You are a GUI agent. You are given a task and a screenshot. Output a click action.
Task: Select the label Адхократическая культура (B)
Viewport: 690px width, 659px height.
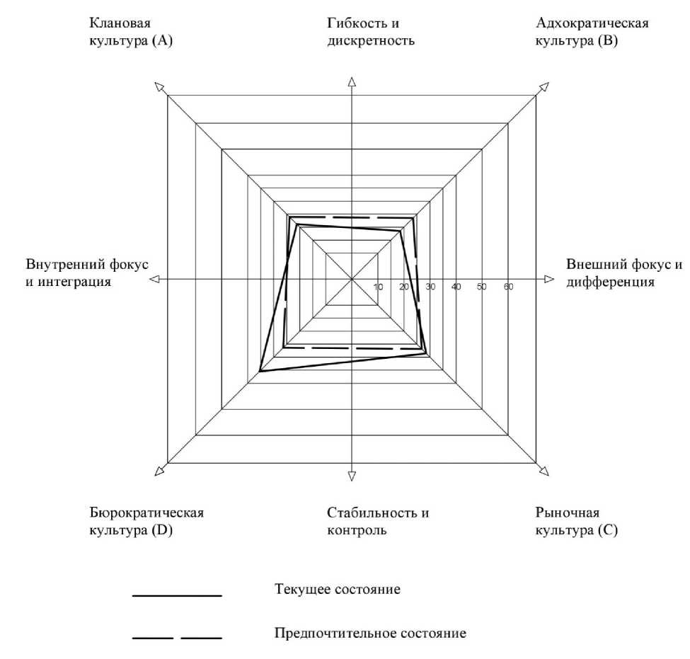(x=593, y=32)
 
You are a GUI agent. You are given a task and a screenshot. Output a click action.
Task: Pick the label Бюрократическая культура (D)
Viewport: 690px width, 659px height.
(x=151, y=520)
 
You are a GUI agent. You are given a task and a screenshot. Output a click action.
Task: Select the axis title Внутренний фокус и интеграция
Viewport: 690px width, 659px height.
(x=87, y=273)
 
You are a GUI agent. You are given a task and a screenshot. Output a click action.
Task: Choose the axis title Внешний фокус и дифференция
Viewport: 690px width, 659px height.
(x=624, y=273)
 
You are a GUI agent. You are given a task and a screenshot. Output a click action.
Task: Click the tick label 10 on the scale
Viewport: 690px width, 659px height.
(x=378, y=287)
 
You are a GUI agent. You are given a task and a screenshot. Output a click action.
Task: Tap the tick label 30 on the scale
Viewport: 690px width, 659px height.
(x=430, y=287)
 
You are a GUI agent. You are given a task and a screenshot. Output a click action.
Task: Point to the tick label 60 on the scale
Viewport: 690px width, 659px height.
(x=508, y=287)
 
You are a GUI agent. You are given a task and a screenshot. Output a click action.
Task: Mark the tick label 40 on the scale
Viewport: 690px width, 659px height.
(x=456, y=287)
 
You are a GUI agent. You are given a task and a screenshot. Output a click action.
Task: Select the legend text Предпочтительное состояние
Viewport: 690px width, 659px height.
(x=370, y=633)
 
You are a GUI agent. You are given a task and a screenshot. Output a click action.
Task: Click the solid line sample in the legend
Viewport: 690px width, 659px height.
(x=177, y=596)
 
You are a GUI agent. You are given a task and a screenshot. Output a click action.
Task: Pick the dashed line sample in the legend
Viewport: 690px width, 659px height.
(x=177, y=639)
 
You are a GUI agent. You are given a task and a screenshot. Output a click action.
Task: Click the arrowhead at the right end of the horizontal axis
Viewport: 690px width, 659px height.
(x=548, y=280)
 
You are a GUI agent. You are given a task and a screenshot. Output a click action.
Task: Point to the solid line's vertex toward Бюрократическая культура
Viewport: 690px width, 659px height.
(x=260, y=371)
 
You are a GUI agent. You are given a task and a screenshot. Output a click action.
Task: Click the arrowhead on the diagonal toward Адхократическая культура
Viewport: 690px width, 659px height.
(x=544, y=87)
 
